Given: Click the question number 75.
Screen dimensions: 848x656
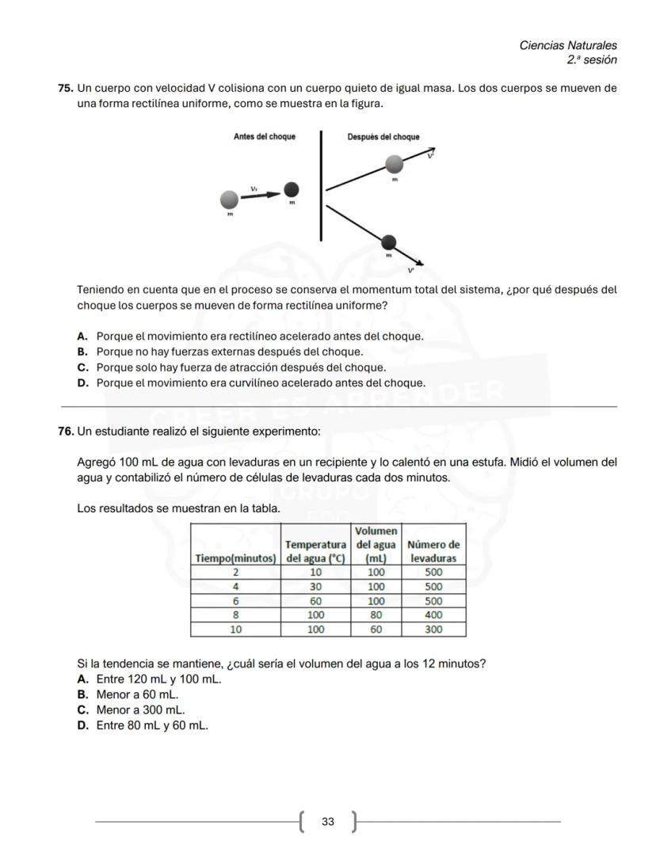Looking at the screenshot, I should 66,88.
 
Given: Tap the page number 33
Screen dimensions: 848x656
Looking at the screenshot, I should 327,822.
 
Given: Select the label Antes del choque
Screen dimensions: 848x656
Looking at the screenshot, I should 264,137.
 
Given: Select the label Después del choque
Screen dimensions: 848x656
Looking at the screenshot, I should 383,137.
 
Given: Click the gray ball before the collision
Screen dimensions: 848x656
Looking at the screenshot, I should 229,199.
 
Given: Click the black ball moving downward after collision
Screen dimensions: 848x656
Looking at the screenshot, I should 389,242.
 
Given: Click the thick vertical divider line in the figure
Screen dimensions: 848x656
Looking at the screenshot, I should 321,186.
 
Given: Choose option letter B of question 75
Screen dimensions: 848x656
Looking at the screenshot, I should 82,352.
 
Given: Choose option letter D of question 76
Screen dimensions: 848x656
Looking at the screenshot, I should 82,725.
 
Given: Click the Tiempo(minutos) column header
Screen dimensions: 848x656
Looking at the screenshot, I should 235,558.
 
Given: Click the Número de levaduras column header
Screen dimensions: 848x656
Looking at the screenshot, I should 433,551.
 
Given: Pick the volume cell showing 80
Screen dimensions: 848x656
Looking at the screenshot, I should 376,615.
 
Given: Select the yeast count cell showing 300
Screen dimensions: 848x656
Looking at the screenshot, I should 433,629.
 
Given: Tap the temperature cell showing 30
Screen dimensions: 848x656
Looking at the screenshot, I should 315,587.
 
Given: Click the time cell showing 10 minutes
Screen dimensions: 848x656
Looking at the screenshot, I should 235,629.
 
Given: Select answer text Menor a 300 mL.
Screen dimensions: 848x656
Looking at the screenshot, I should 140,710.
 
